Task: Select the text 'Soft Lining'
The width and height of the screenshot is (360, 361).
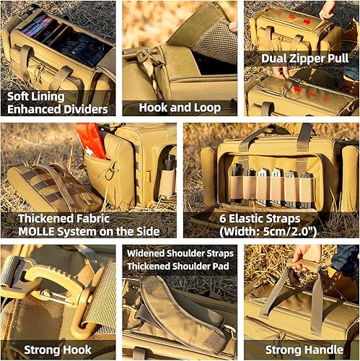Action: tap(37, 95)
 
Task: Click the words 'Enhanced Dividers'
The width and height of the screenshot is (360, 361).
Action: tap(58, 109)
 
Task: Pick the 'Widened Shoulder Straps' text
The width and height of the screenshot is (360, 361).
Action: tap(180, 253)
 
